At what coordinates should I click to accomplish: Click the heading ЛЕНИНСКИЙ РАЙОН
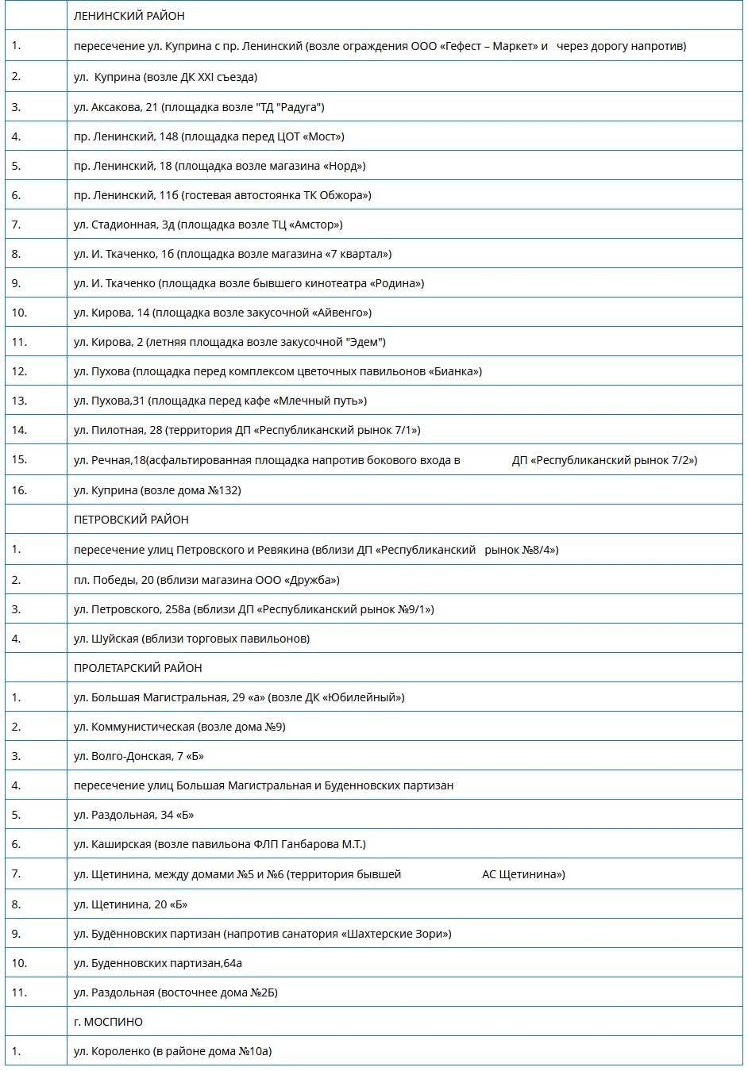tap(129, 16)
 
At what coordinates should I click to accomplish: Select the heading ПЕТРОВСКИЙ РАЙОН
tap(131, 520)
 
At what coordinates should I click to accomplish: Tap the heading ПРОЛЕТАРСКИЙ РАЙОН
tap(137, 668)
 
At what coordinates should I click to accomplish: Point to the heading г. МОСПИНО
tap(108, 1022)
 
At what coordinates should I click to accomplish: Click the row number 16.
tap(19, 490)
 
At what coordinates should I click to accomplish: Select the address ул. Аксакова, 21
tap(116, 107)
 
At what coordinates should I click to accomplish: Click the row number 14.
tap(19, 430)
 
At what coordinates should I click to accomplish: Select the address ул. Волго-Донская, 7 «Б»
tap(139, 756)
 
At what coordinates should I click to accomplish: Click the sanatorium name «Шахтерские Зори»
tap(395, 934)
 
